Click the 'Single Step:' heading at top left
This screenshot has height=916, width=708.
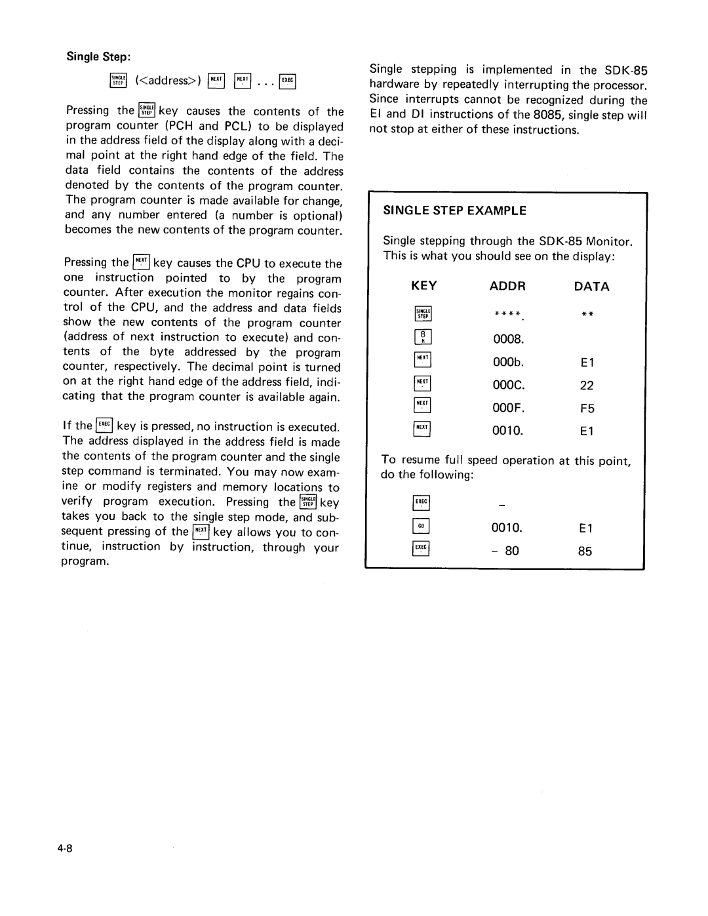[x=95, y=57]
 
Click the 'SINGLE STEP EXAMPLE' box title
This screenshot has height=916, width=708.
[x=454, y=210]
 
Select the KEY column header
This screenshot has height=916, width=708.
[x=423, y=286]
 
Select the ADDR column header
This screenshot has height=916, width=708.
[x=508, y=286]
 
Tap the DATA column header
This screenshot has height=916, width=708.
[x=591, y=287]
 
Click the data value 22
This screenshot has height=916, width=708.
[x=586, y=386]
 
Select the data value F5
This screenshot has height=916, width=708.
[x=586, y=408]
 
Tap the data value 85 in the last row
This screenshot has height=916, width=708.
[x=585, y=551]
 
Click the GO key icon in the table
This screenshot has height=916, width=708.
[x=421, y=527]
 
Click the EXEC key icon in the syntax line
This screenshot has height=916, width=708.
[x=288, y=81]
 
